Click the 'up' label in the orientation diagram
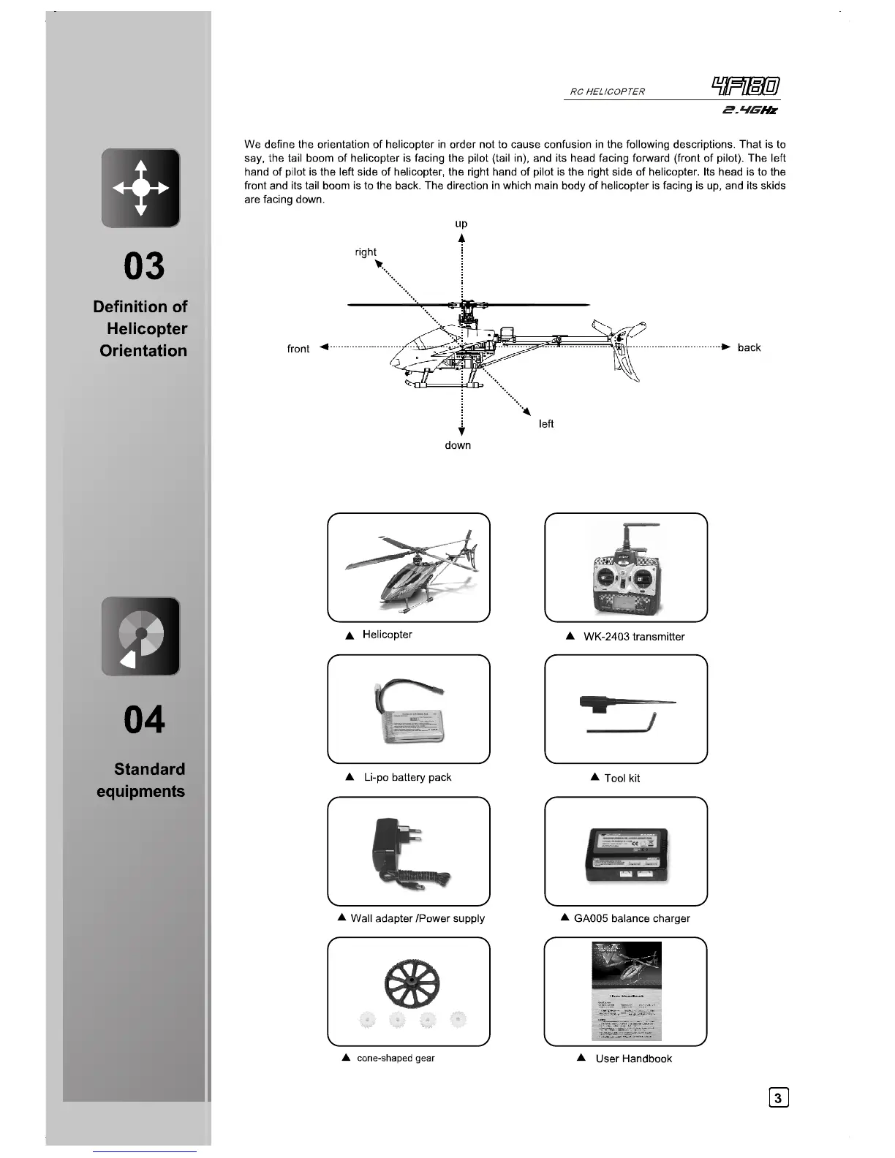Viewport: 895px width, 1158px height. (461, 224)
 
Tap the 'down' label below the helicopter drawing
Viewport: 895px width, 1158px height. (458, 445)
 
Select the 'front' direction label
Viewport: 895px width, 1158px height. (298, 349)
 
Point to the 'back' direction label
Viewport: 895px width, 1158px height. (749, 347)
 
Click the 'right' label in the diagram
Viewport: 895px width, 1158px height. (366, 252)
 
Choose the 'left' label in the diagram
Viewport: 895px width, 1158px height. (546, 424)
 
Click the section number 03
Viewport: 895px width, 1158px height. (144, 266)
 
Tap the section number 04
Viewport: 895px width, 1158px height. (144, 719)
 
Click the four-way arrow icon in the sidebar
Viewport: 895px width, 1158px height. (141, 188)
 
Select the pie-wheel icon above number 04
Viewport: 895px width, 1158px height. (141, 636)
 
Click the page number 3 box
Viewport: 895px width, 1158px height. (779, 1097)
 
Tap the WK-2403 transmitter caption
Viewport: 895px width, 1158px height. (633, 637)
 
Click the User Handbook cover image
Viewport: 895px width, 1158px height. (627, 991)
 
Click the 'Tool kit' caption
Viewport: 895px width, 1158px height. (622, 779)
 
